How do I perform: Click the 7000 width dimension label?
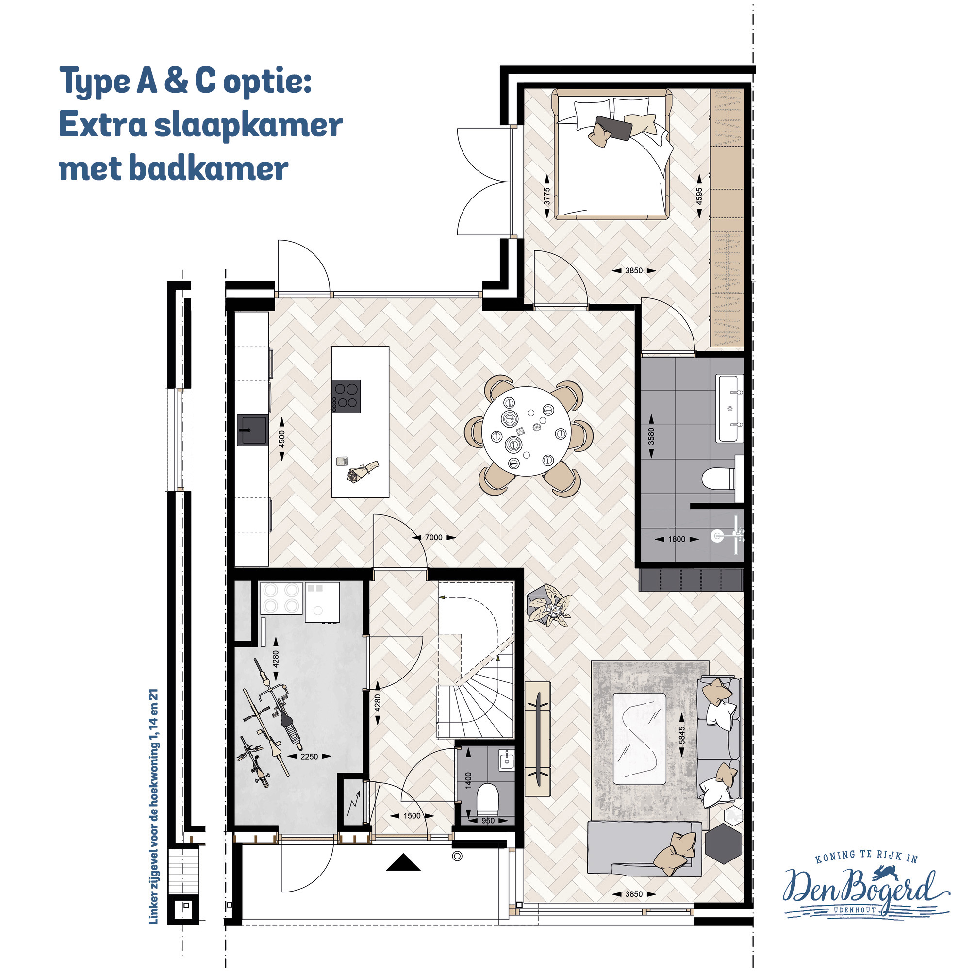(x=433, y=537)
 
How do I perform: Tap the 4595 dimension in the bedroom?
(x=699, y=197)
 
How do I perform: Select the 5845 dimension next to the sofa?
(x=682, y=735)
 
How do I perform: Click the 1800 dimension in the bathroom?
(x=677, y=539)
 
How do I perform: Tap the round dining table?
(x=527, y=431)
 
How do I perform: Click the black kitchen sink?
(x=252, y=430)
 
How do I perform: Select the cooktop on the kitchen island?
(x=346, y=396)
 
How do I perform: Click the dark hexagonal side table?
(x=723, y=844)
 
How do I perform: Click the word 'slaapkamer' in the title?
(x=248, y=125)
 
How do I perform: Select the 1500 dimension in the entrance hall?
(x=412, y=816)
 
